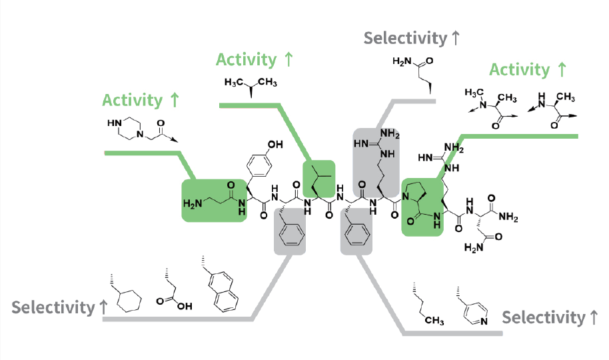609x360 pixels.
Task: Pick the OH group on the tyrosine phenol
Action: (275, 144)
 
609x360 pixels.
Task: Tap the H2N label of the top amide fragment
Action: (402, 62)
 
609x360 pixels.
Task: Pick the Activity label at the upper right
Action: (528, 69)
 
